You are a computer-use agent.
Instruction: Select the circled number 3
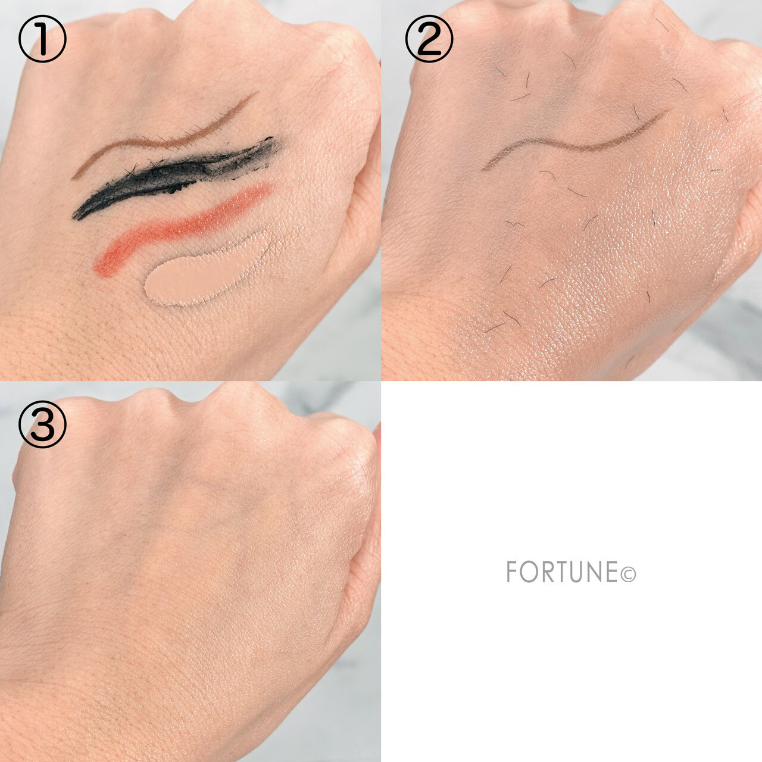[x=42, y=424]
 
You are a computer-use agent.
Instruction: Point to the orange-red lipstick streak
[x=179, y=229]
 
